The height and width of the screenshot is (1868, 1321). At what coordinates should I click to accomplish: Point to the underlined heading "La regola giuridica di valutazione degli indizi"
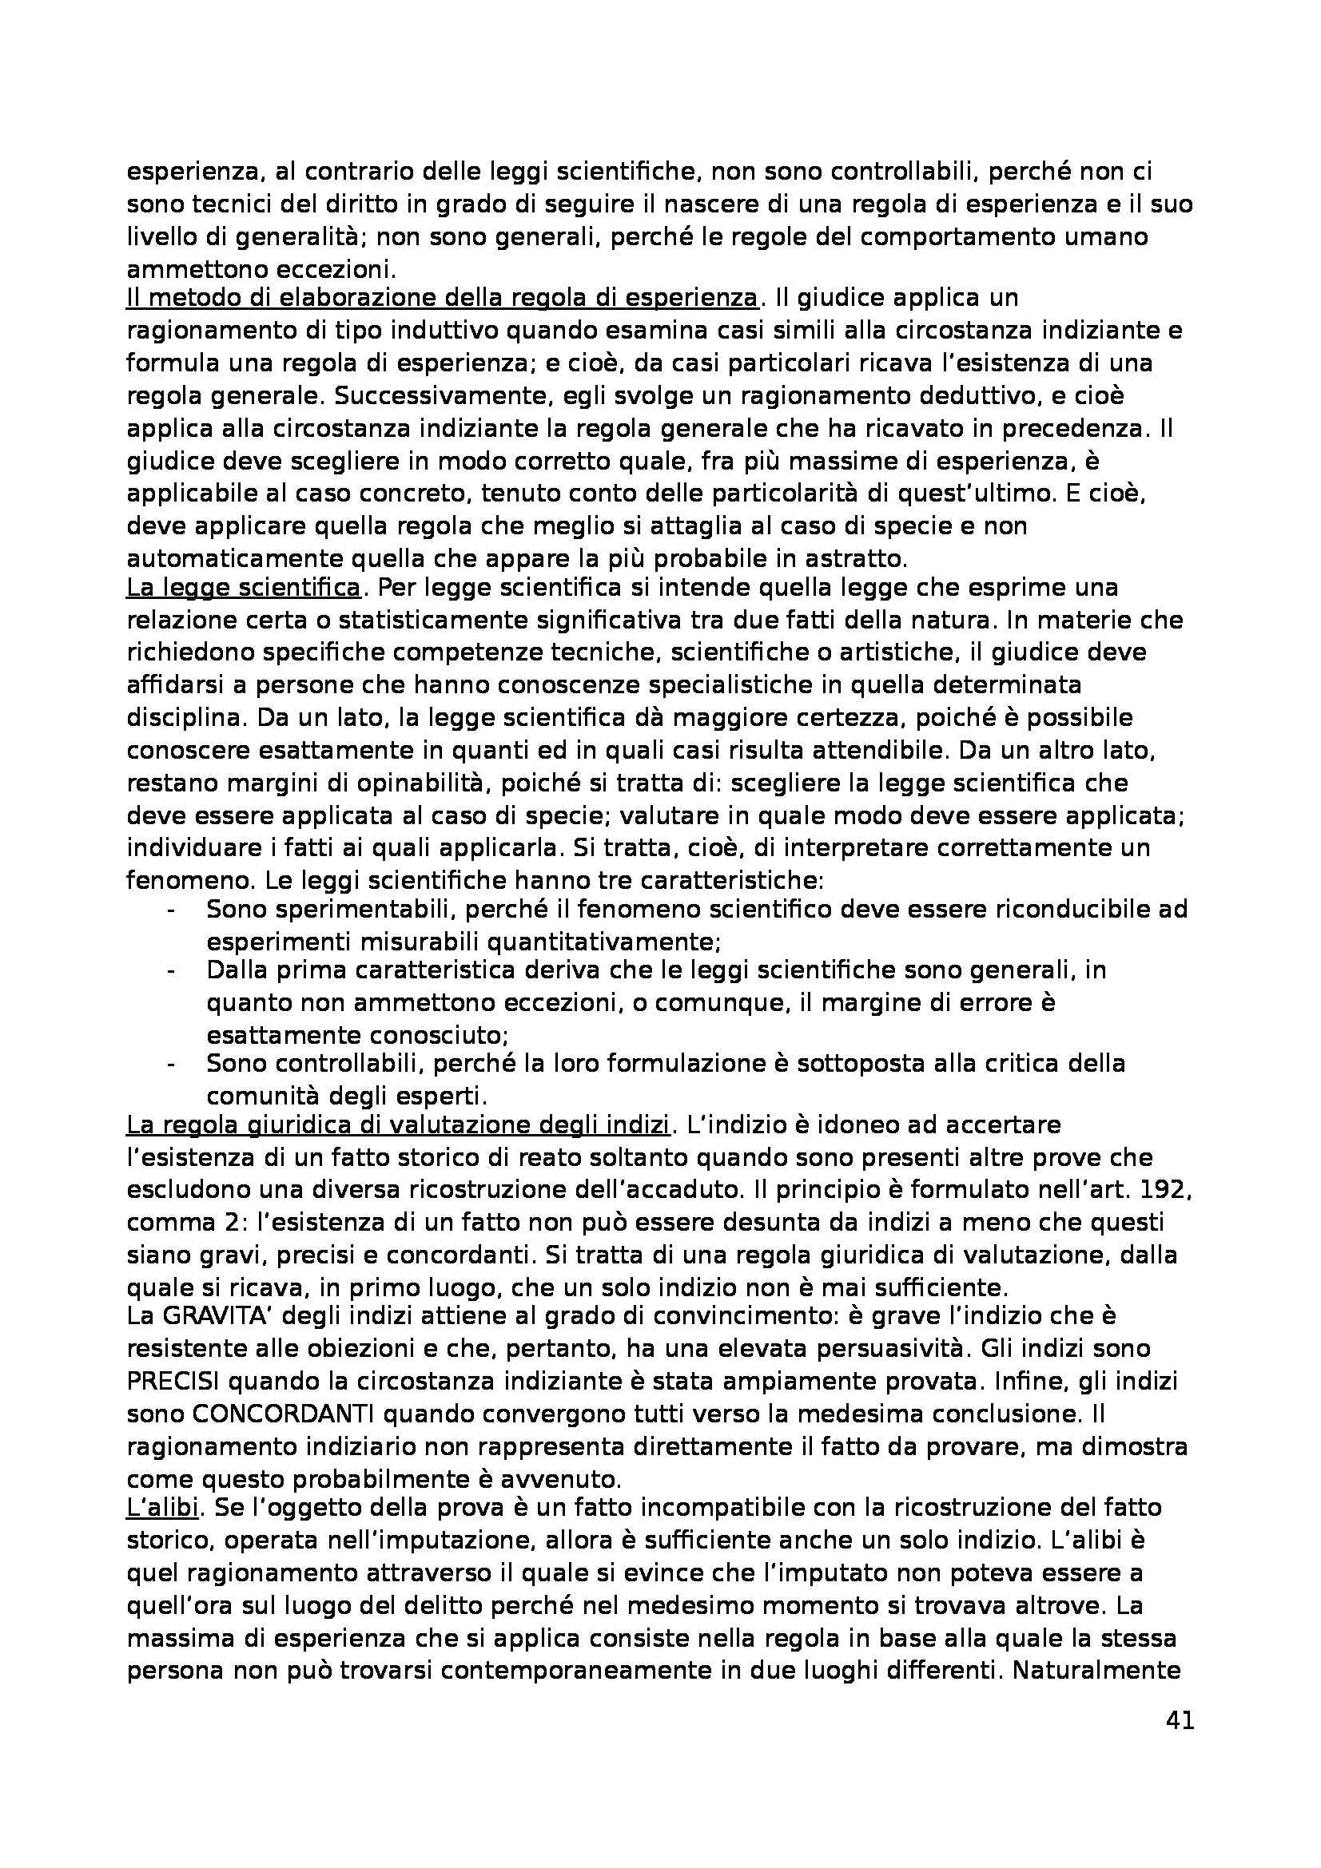click(398, 1125)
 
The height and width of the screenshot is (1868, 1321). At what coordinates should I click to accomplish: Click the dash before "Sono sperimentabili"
click(171, 910)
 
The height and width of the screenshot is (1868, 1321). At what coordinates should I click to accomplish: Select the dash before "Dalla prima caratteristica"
click(171, 971)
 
